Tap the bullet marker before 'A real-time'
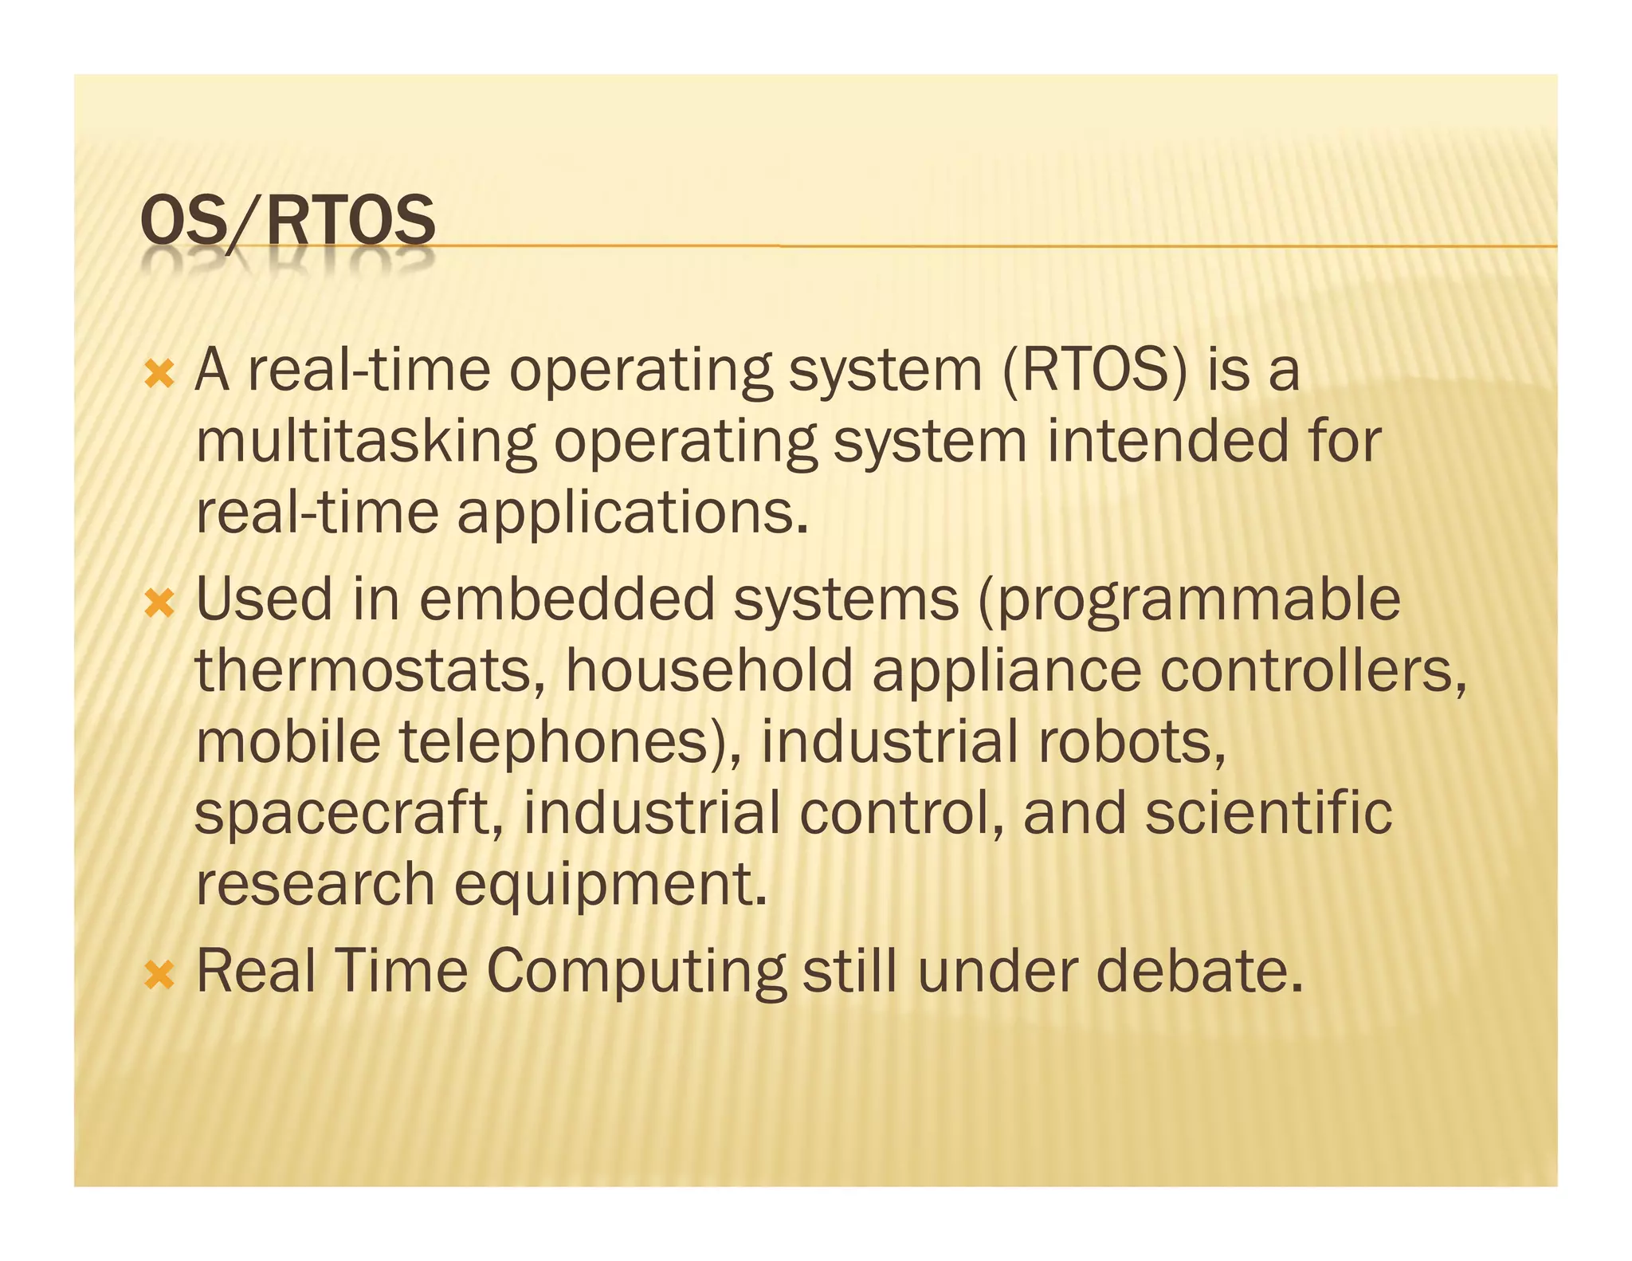160,373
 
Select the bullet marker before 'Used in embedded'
160,603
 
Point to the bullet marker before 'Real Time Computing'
160,974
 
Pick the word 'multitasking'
366,443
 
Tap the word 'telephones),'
571,743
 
